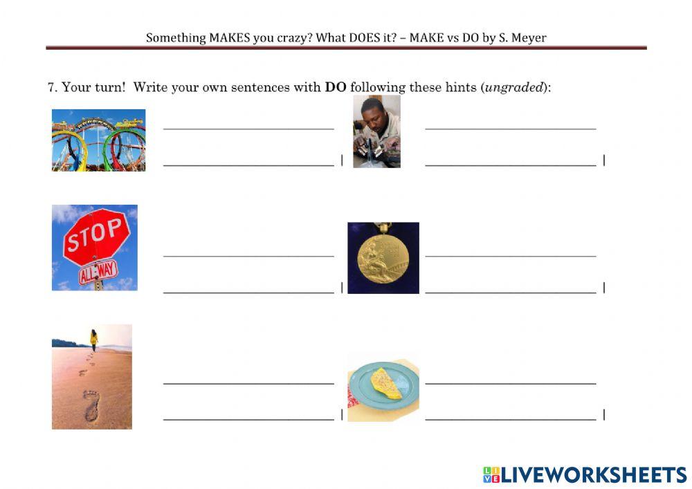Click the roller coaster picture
(98, 140)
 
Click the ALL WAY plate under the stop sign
(98, 272)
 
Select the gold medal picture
(383, 258)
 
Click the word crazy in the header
(294, 37)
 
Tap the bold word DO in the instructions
(336, 87)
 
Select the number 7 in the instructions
(51, 87)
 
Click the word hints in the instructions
(459, 87)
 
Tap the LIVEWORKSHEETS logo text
(593, 474)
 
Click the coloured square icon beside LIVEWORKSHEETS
(491, 474)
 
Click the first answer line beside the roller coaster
(248, 128)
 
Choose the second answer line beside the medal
(510, 292)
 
